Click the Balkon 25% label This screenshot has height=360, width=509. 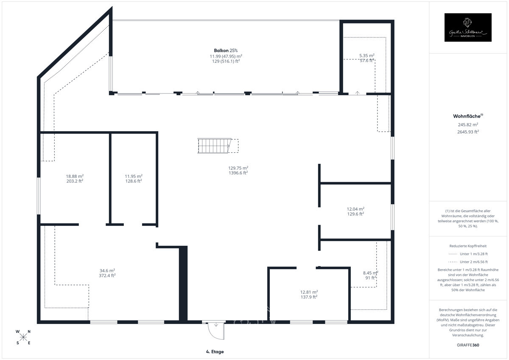click(226, 51)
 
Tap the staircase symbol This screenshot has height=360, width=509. click(215, 146)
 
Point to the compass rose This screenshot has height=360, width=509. click(23, 337)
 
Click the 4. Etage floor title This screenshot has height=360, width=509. click(215, 352)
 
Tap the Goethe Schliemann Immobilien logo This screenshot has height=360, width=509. click(467, 28)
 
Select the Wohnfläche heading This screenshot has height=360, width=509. click(468, 116)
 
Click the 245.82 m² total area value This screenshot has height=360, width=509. click(468, 124)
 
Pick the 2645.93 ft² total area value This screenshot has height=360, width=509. click(468, 132)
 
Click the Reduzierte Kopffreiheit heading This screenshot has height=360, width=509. click(468, 246)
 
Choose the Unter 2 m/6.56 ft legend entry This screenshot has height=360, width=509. click(468, 262)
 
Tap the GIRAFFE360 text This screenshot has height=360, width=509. click(468, 345)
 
